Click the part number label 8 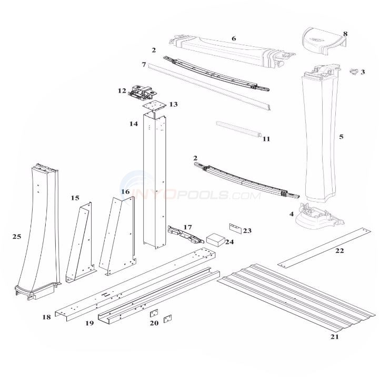[x=345, y=34]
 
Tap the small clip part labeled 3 [x=357, y=71]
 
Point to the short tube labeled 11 [x=237, y=129]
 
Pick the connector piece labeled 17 [x=185, y=234]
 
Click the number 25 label [x=16, y=237]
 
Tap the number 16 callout [x=125, y=192]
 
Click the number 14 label [x=134, y=124]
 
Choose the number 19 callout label [x=89, y=323]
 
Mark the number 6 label [x=234, y=38]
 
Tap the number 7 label [x=143, y=64]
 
